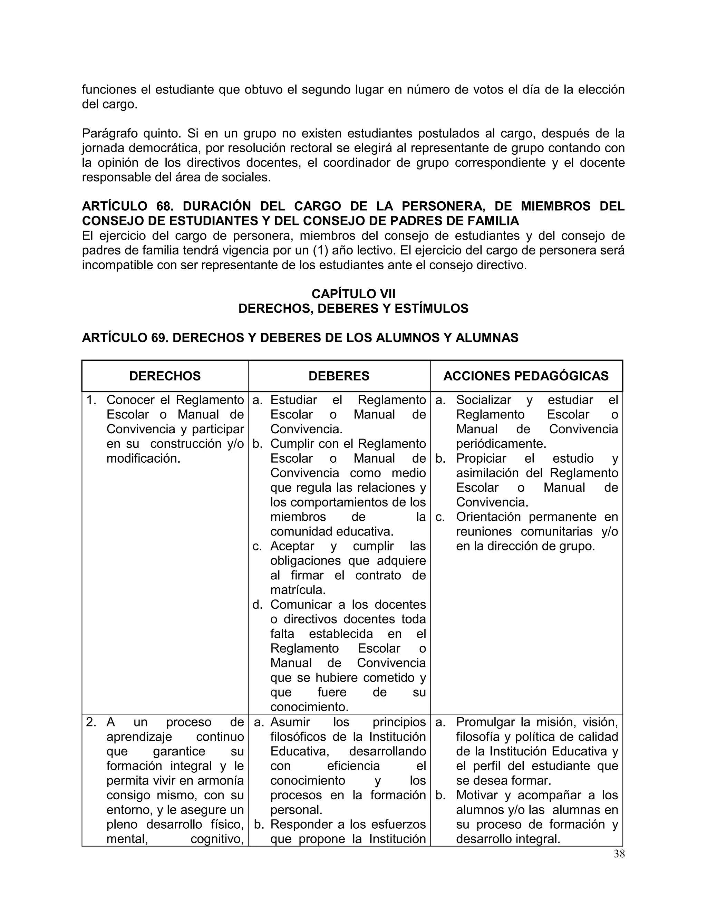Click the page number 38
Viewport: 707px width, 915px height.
[x=619, y=854]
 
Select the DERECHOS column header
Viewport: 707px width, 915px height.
[x=165, y=376]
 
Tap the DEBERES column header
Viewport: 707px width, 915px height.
[x=339, y=376]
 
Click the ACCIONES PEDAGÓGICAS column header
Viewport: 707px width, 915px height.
[x=526, y=376]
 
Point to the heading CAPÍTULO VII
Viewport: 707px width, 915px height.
[x=353, y=294]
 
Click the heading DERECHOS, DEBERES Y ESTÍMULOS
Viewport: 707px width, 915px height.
[x=353, y=308]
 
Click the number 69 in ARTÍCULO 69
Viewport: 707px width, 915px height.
[x=159, y=338]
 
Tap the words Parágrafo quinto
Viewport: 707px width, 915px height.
[x=131, y=134]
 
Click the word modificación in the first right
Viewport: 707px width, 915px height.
[x=143, y=458]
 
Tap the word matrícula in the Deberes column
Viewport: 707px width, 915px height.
[x=298, y=590]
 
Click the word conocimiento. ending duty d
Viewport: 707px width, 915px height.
[x=310, y=707]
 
